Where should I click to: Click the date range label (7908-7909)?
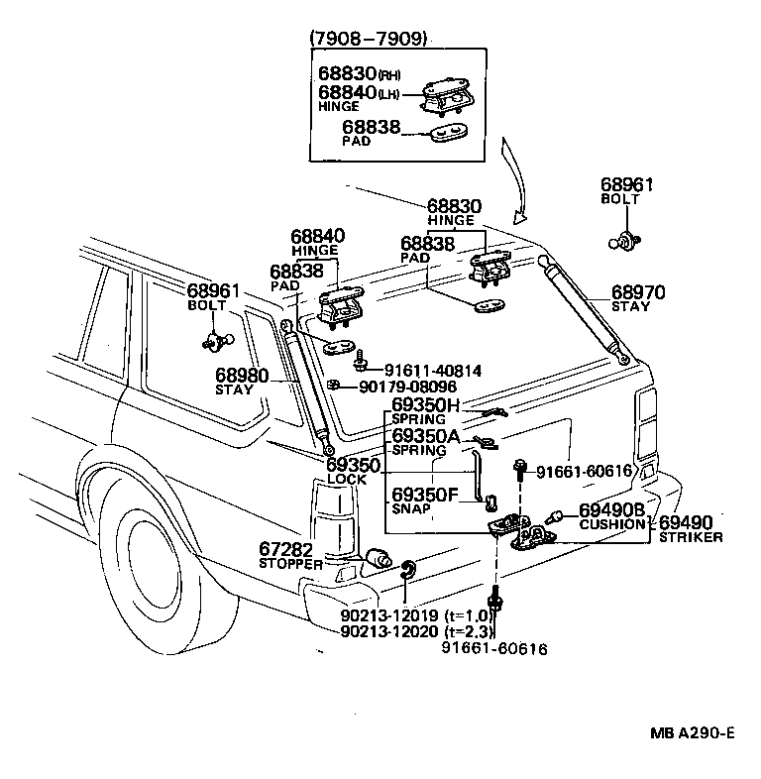(368, 39)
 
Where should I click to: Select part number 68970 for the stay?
(637, 292)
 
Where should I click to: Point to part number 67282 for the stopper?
(286, 549)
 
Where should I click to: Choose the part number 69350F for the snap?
(425, 494)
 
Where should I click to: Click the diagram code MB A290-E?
(694, 733)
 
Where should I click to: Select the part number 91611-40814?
(433, 371)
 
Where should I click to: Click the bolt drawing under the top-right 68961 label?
(626, 239)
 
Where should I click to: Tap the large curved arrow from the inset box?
(516, 183)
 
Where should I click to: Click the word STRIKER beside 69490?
(691, 537)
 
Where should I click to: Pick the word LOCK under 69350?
(346, 480)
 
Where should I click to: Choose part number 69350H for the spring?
(425, 405)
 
